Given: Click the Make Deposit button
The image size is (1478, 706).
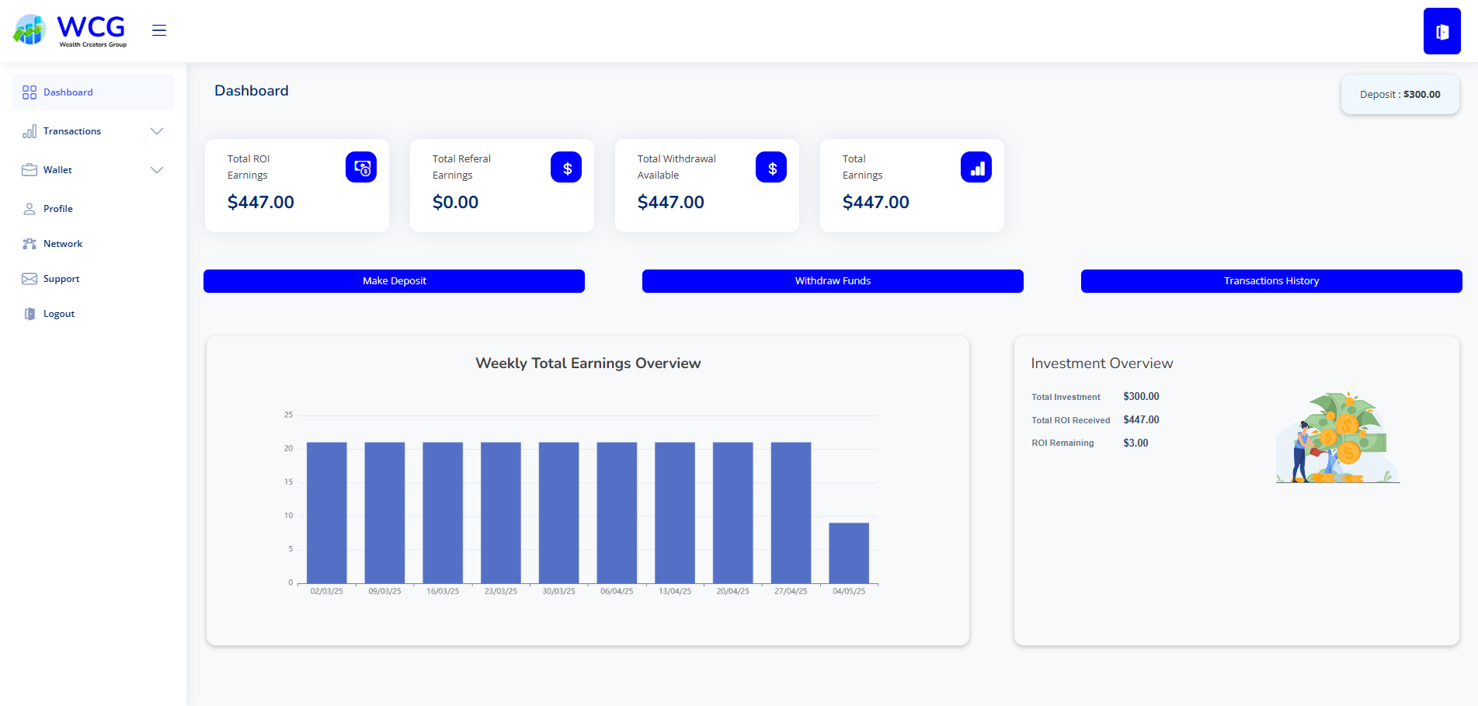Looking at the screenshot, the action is pos(394,281).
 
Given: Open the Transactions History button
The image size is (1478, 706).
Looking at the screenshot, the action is pos(1271,281).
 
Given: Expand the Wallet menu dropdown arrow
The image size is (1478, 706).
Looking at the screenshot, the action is pos(157,170).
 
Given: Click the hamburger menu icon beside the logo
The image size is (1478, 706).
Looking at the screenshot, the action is pos(159,30).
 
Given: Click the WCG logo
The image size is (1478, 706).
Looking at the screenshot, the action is pos(70,30).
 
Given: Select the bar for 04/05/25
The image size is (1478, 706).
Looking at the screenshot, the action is pos(849,553).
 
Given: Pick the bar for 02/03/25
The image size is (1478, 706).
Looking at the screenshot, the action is pos(327,513).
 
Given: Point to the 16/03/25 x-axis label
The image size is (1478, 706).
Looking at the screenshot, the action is pos(443,592).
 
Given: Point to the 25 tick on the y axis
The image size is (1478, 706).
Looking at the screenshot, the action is pos(288,415).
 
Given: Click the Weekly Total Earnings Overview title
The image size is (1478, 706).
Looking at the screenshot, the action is pos(588,363).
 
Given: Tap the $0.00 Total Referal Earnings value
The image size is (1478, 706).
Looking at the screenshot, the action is pos(455,203).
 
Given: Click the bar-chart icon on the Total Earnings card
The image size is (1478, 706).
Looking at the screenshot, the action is pos(976,167).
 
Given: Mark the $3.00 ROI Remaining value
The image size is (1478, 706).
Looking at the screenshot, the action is pos(1135,443).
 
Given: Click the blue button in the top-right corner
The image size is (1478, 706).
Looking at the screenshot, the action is pos(1442,31).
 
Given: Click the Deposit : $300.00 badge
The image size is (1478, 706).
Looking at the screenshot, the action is pos(1400,95).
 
